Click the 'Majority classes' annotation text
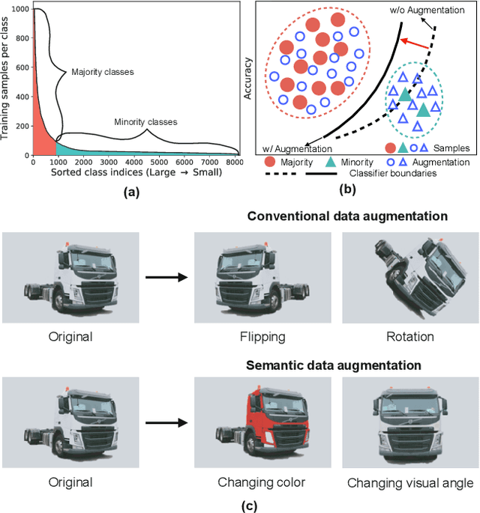coord(103,73)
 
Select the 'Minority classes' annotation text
coord(145,121)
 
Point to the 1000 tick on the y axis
coord(20,9)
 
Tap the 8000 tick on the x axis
coord(234,161)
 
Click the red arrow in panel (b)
coord(414,45)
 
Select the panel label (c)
coord(249,506)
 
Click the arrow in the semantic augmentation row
coord(165,424)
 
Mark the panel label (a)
coord(132,192)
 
